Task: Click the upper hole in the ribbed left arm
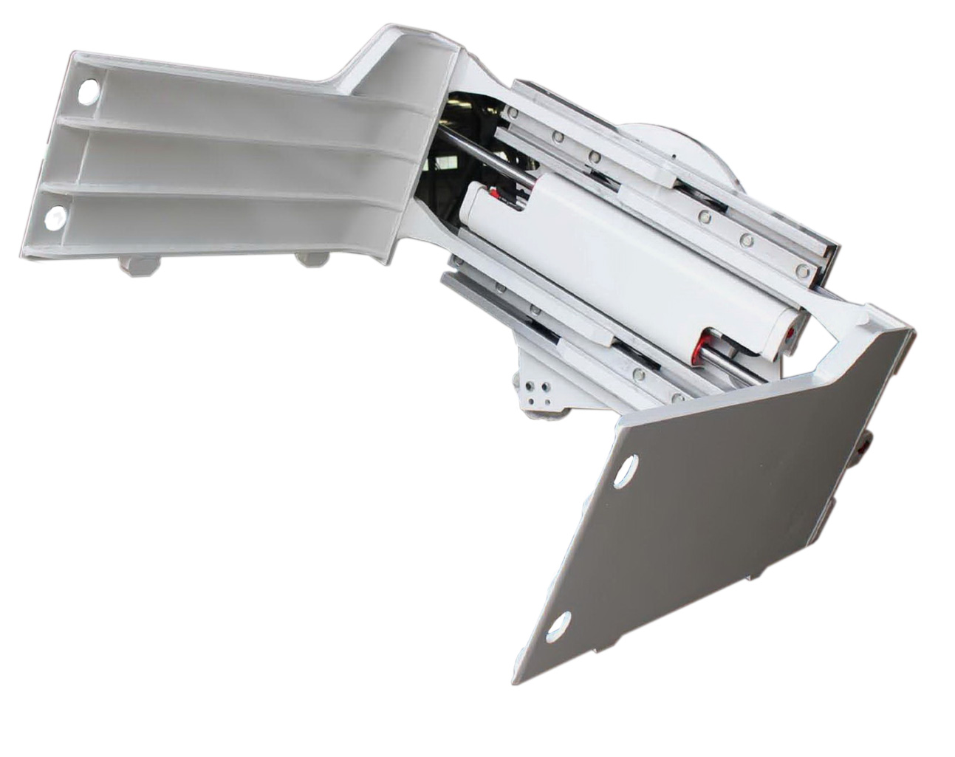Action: coord(88,92)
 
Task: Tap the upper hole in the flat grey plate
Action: coord(626,470)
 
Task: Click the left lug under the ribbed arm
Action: coord(138,264)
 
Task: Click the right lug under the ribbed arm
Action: coord(311,258)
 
